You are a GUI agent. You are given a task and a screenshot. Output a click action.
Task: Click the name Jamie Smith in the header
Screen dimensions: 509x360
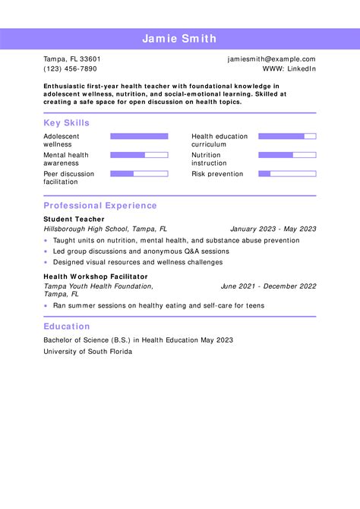point(179,39)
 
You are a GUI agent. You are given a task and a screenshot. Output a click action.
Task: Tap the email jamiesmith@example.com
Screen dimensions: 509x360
point(271,59)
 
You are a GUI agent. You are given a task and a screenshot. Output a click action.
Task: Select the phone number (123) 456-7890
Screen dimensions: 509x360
point(70,68)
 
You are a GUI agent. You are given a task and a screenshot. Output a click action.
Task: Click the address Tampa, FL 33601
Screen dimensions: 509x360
point(72,59)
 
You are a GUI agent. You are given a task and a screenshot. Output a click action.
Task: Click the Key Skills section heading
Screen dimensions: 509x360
point(66,123)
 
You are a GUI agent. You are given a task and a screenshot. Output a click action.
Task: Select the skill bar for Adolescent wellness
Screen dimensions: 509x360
point(139,137)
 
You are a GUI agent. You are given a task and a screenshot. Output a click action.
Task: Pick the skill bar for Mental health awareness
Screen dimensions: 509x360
point(139,155)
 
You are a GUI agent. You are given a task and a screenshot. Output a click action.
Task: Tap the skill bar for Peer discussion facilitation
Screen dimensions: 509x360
point(139,174)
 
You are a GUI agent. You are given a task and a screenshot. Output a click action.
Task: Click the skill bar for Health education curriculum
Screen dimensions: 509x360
point(287,137)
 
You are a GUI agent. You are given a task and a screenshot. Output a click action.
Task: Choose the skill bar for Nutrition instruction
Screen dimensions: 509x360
point(287,155)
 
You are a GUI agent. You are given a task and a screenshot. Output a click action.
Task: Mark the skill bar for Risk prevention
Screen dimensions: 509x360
point(287,174)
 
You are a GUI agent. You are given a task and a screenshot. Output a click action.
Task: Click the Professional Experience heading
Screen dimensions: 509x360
point(100,206)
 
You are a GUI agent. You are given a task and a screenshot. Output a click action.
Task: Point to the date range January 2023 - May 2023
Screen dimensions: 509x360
point(273,229)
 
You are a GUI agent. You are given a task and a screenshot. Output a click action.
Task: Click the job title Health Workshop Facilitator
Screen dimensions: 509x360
point(96,277)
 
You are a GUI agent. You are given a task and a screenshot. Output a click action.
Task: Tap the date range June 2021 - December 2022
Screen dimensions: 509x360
point(268,286)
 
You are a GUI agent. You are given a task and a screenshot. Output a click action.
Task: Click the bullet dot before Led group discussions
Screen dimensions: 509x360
point(46,251)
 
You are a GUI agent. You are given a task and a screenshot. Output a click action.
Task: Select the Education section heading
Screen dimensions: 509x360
point(67,327)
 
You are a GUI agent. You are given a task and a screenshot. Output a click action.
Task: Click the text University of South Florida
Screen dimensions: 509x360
point(87,352)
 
